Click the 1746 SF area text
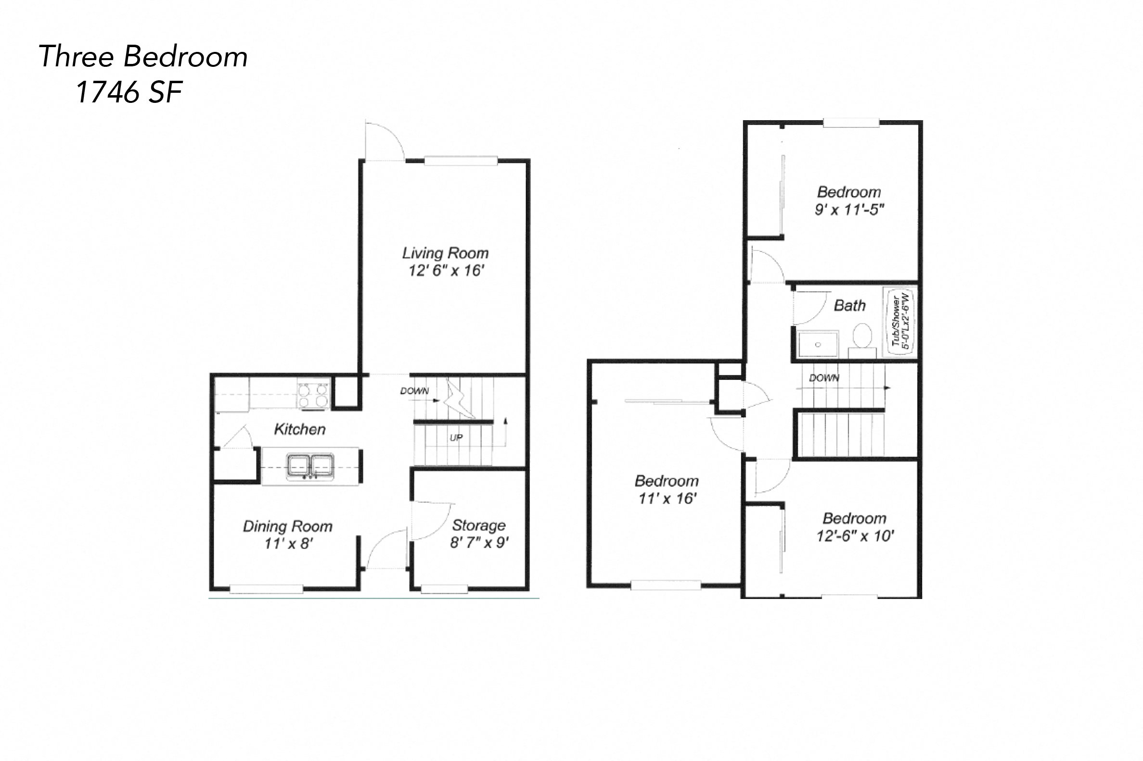pos(128,92)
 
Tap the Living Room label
pos(445,253)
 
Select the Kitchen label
pos(299,429)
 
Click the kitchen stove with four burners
pos(313,395)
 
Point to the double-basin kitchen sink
pos(310,465)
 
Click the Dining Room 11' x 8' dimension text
pos(288,543)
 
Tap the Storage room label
pos(478,525)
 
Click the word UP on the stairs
pos(456,438)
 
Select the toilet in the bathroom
pos(862,336)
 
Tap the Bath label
pos(849,305)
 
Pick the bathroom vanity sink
pos(818,344)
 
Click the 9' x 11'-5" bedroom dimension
pos(849,210)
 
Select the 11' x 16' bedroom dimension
pos(667,499)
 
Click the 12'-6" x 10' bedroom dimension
pos(855,536)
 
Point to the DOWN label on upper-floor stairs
pos(824,377)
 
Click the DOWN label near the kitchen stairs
pos(414,391)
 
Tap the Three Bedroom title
pos(143,56)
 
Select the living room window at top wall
pos(461,161)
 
